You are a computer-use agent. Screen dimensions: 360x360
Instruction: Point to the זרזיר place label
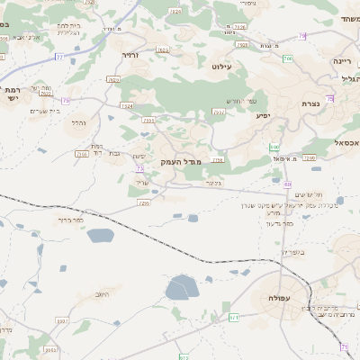132,55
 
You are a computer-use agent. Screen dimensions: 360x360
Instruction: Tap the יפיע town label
264,115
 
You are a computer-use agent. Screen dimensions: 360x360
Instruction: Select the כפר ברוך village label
70,220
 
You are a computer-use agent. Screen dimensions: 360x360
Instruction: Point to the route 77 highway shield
59,56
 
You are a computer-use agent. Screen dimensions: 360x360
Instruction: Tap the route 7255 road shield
144,203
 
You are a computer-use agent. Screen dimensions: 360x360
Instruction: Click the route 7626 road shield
112,79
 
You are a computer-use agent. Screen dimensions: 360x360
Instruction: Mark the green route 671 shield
234,317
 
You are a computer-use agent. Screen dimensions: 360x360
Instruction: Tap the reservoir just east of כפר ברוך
100,235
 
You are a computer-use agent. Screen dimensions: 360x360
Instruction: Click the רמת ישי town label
13,95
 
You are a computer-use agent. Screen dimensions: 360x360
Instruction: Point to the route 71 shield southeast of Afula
344,346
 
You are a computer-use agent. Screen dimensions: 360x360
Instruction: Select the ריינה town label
342,60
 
